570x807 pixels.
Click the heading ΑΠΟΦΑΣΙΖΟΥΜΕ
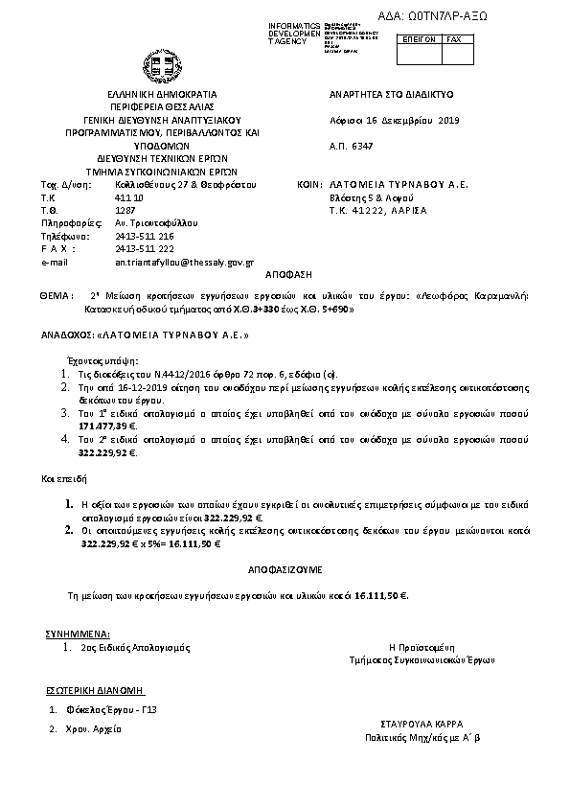285,569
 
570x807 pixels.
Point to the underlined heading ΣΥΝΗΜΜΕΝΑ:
78,634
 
